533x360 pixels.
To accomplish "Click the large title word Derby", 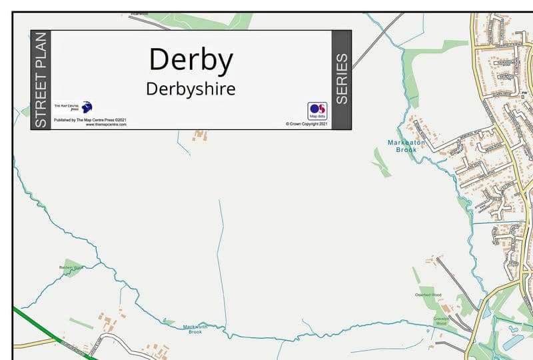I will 191,59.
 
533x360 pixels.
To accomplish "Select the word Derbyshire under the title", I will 191,89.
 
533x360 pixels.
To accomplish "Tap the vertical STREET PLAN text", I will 41,80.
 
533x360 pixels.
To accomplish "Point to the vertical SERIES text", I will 341,79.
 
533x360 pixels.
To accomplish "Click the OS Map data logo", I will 316,111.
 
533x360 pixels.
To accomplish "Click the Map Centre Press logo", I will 73,107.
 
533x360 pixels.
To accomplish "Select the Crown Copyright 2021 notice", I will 306,124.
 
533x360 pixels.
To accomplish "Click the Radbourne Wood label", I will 70,267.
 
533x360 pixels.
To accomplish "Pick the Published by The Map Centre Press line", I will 90,120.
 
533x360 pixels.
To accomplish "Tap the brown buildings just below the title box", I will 199,135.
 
